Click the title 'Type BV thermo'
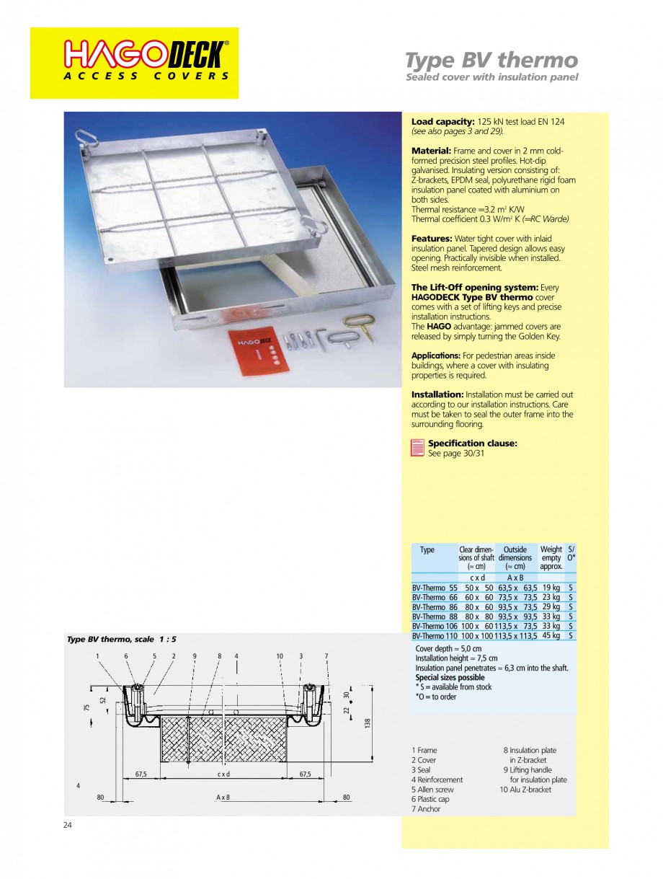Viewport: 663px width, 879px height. click(x=491, y=59)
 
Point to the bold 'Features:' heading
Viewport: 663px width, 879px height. click(x=432, y=238)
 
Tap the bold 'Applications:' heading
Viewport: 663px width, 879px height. click(x=436, y=355)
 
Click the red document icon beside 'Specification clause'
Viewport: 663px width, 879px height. click(x=417, y=448)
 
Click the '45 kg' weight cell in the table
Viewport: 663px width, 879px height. click(x=551, y=636)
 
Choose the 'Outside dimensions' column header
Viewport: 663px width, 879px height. click(x=515, y=554)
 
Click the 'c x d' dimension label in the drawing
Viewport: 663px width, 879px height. click(x=223, y=774)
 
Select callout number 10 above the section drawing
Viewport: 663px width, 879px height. click(x=280, y=655)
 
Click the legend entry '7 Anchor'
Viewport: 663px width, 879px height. click(x=426, y=809)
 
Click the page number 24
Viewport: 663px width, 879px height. click(x=68, y=825)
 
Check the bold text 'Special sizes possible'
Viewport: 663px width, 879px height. click(x=450, y=678)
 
